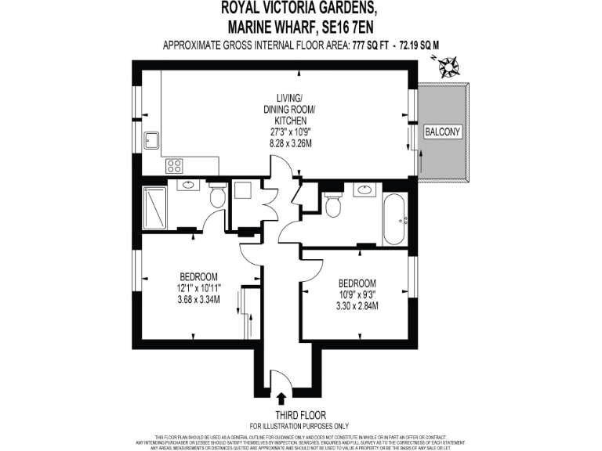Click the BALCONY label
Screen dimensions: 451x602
coord(442,132)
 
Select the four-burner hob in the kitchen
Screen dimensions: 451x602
coord(173,166)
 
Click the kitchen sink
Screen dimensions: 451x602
coord(150,141)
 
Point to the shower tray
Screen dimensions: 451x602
coord(154,207)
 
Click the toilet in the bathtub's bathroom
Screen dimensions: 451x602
coord(332,205)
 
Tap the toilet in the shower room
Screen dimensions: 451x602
coord(218,195)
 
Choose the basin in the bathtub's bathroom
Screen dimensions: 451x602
coord(363,189)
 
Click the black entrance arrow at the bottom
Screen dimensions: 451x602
coord(282,400)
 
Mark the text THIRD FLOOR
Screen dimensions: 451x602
coord(300,415)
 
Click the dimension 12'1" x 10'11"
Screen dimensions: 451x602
coord(198,288)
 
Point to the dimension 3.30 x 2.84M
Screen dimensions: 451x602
coord(357,305)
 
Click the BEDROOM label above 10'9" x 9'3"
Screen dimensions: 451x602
coord(357,283)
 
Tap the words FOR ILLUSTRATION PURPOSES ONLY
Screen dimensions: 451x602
coord(300,425)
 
